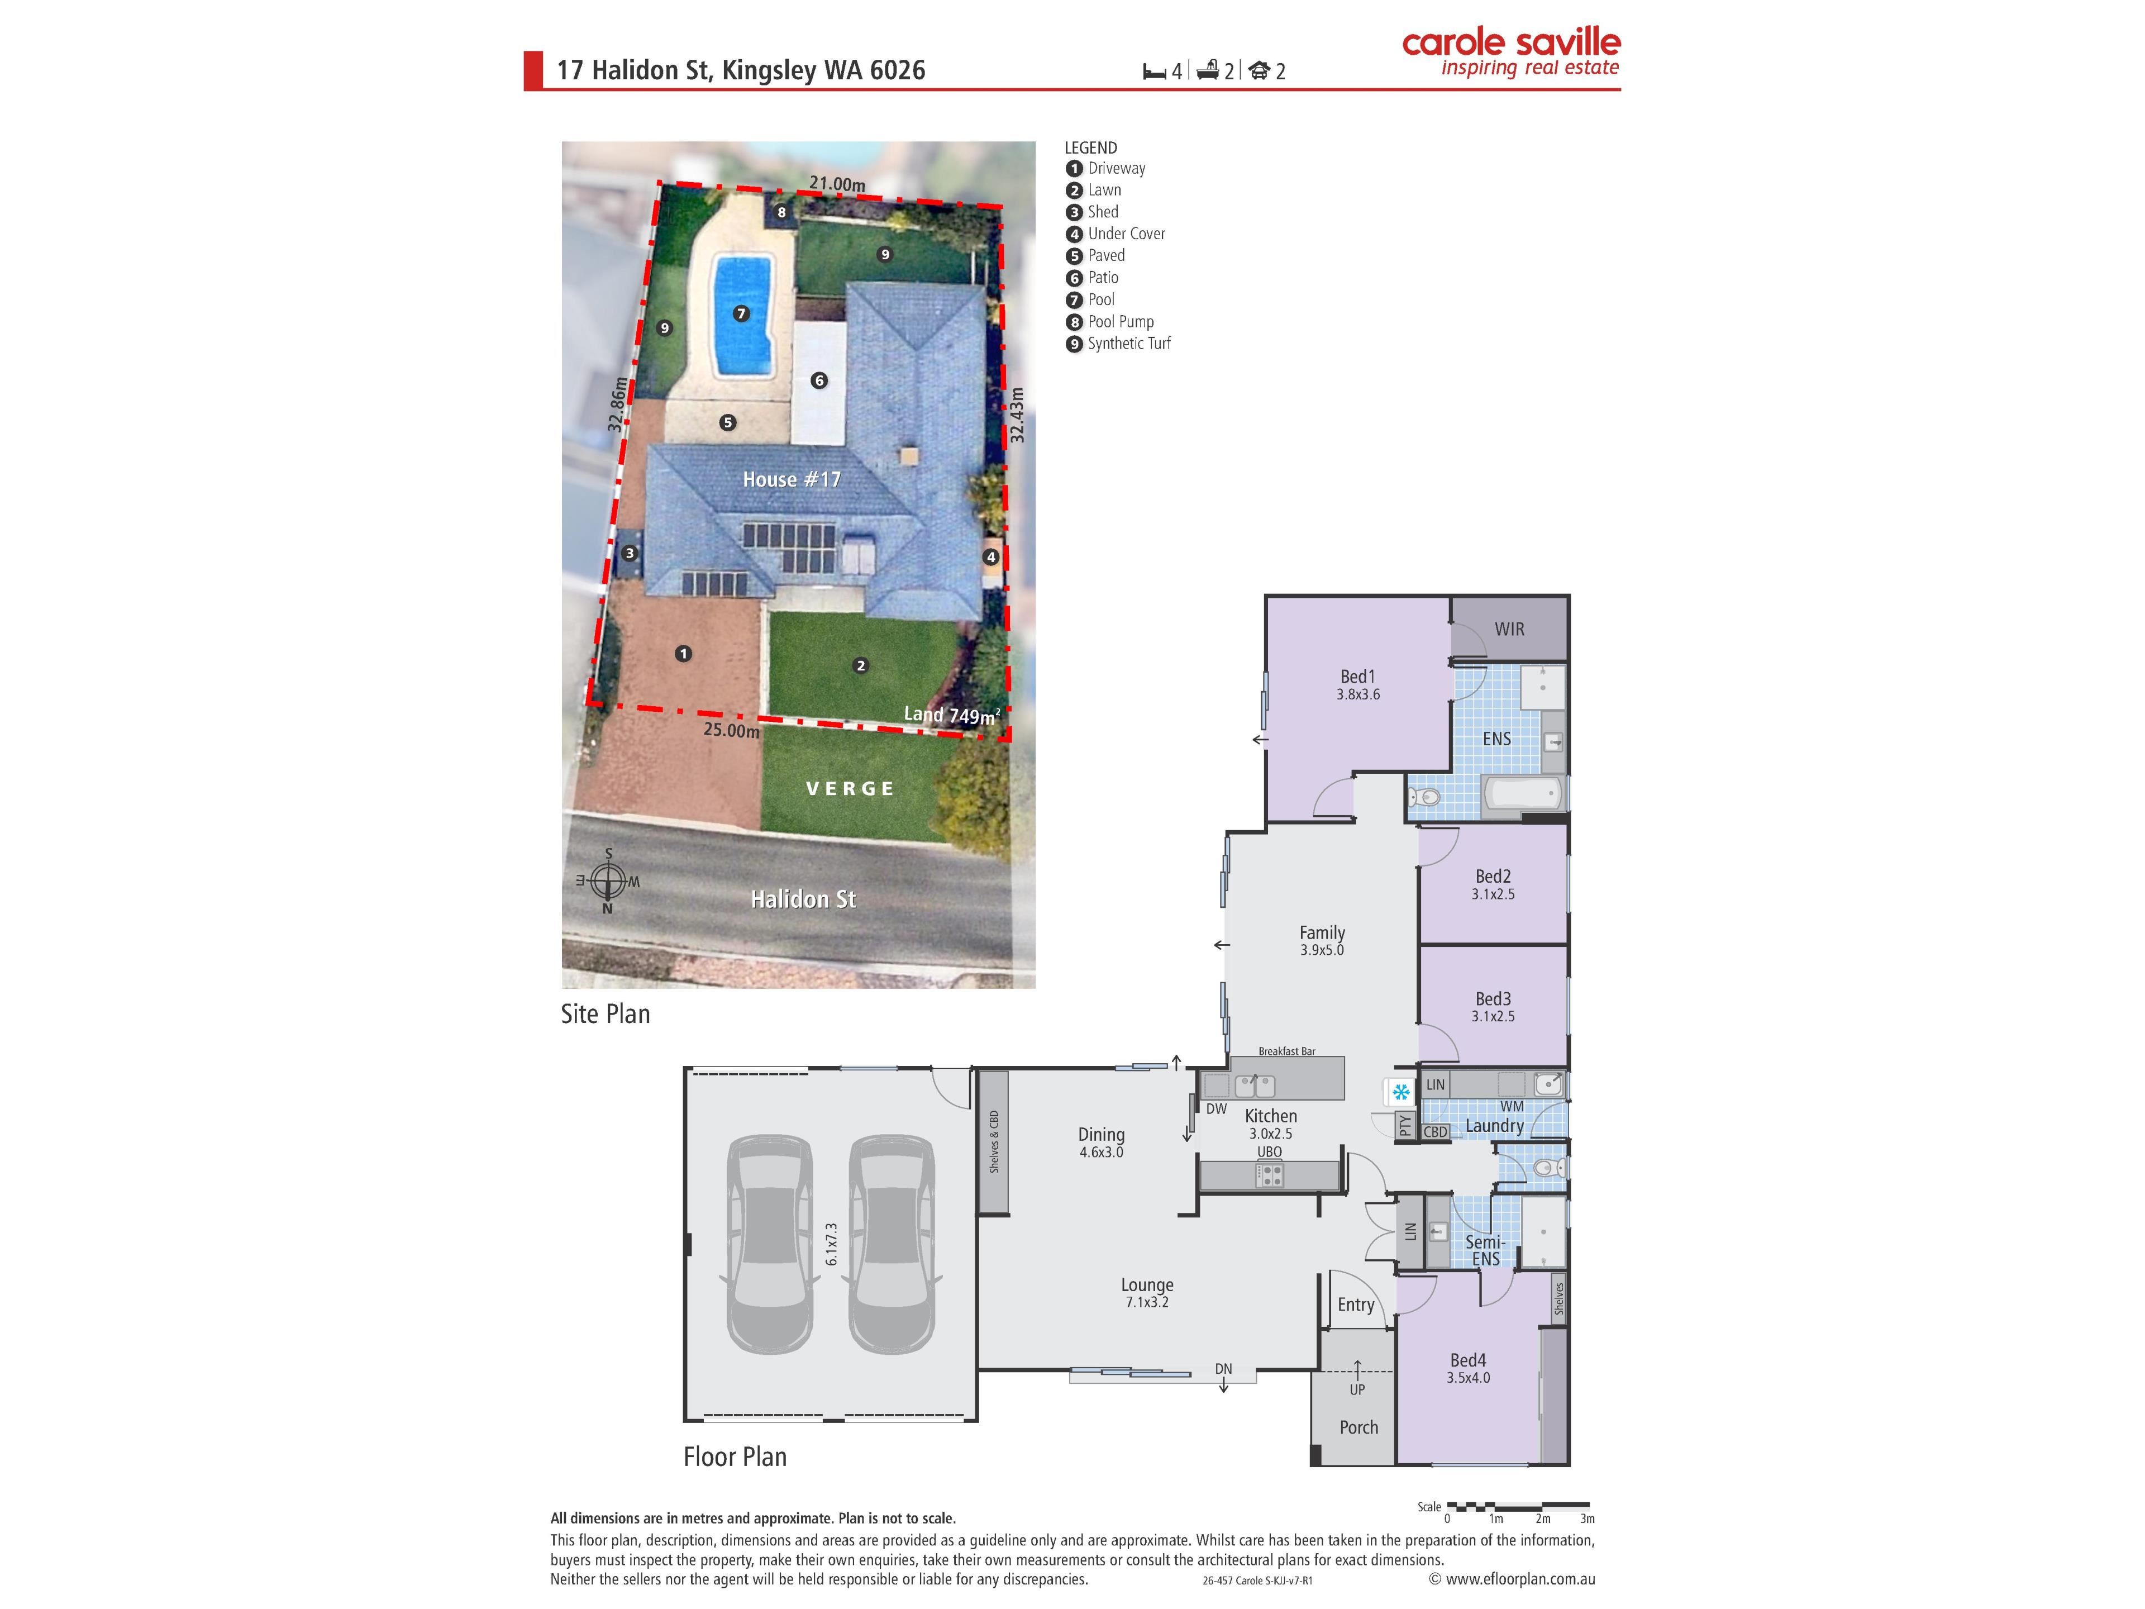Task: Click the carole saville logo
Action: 1511,53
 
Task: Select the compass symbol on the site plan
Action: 608,882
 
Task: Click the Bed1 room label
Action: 1357,677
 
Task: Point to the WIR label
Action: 1509,630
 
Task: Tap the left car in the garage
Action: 770,1244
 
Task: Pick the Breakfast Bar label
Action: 1287,1051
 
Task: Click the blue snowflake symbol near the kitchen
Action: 1400,1093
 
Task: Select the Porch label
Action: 1358,1427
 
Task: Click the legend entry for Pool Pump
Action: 1110,322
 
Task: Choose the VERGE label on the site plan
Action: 850,788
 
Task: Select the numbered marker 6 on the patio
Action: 819,380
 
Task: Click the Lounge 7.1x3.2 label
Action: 1147,1293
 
